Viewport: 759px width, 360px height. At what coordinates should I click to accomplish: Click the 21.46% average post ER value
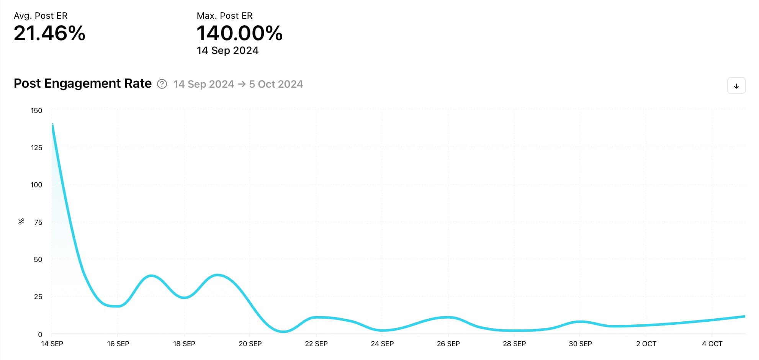49,33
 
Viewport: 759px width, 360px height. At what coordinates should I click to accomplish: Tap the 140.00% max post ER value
239,33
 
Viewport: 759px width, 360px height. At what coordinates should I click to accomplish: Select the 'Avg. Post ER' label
41,16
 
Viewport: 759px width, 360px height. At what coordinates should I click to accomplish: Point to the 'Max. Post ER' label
224,16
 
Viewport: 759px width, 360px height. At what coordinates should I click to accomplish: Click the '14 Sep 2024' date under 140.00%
227,51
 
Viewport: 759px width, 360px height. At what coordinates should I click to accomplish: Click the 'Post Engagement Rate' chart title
83,83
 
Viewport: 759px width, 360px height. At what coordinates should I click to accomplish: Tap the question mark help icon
162,84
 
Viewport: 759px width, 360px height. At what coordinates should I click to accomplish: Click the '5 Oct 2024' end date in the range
276,84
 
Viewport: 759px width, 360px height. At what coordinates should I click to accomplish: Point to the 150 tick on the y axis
36,111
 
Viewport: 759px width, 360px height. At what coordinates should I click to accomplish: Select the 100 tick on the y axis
36,185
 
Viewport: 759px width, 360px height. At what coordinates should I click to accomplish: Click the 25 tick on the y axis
38,297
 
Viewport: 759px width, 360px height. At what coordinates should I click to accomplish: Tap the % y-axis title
21,221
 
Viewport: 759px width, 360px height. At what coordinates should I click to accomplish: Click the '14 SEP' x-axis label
52,344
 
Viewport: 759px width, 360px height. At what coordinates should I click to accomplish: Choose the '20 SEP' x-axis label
250,344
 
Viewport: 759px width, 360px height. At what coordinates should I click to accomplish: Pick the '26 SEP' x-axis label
448,344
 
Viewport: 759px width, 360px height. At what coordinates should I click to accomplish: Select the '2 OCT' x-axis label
646,344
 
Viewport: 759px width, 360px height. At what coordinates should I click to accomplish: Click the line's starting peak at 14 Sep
52,124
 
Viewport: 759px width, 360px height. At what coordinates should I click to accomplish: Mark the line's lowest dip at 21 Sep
283,331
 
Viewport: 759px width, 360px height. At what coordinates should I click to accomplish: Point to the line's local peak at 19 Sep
217,275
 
